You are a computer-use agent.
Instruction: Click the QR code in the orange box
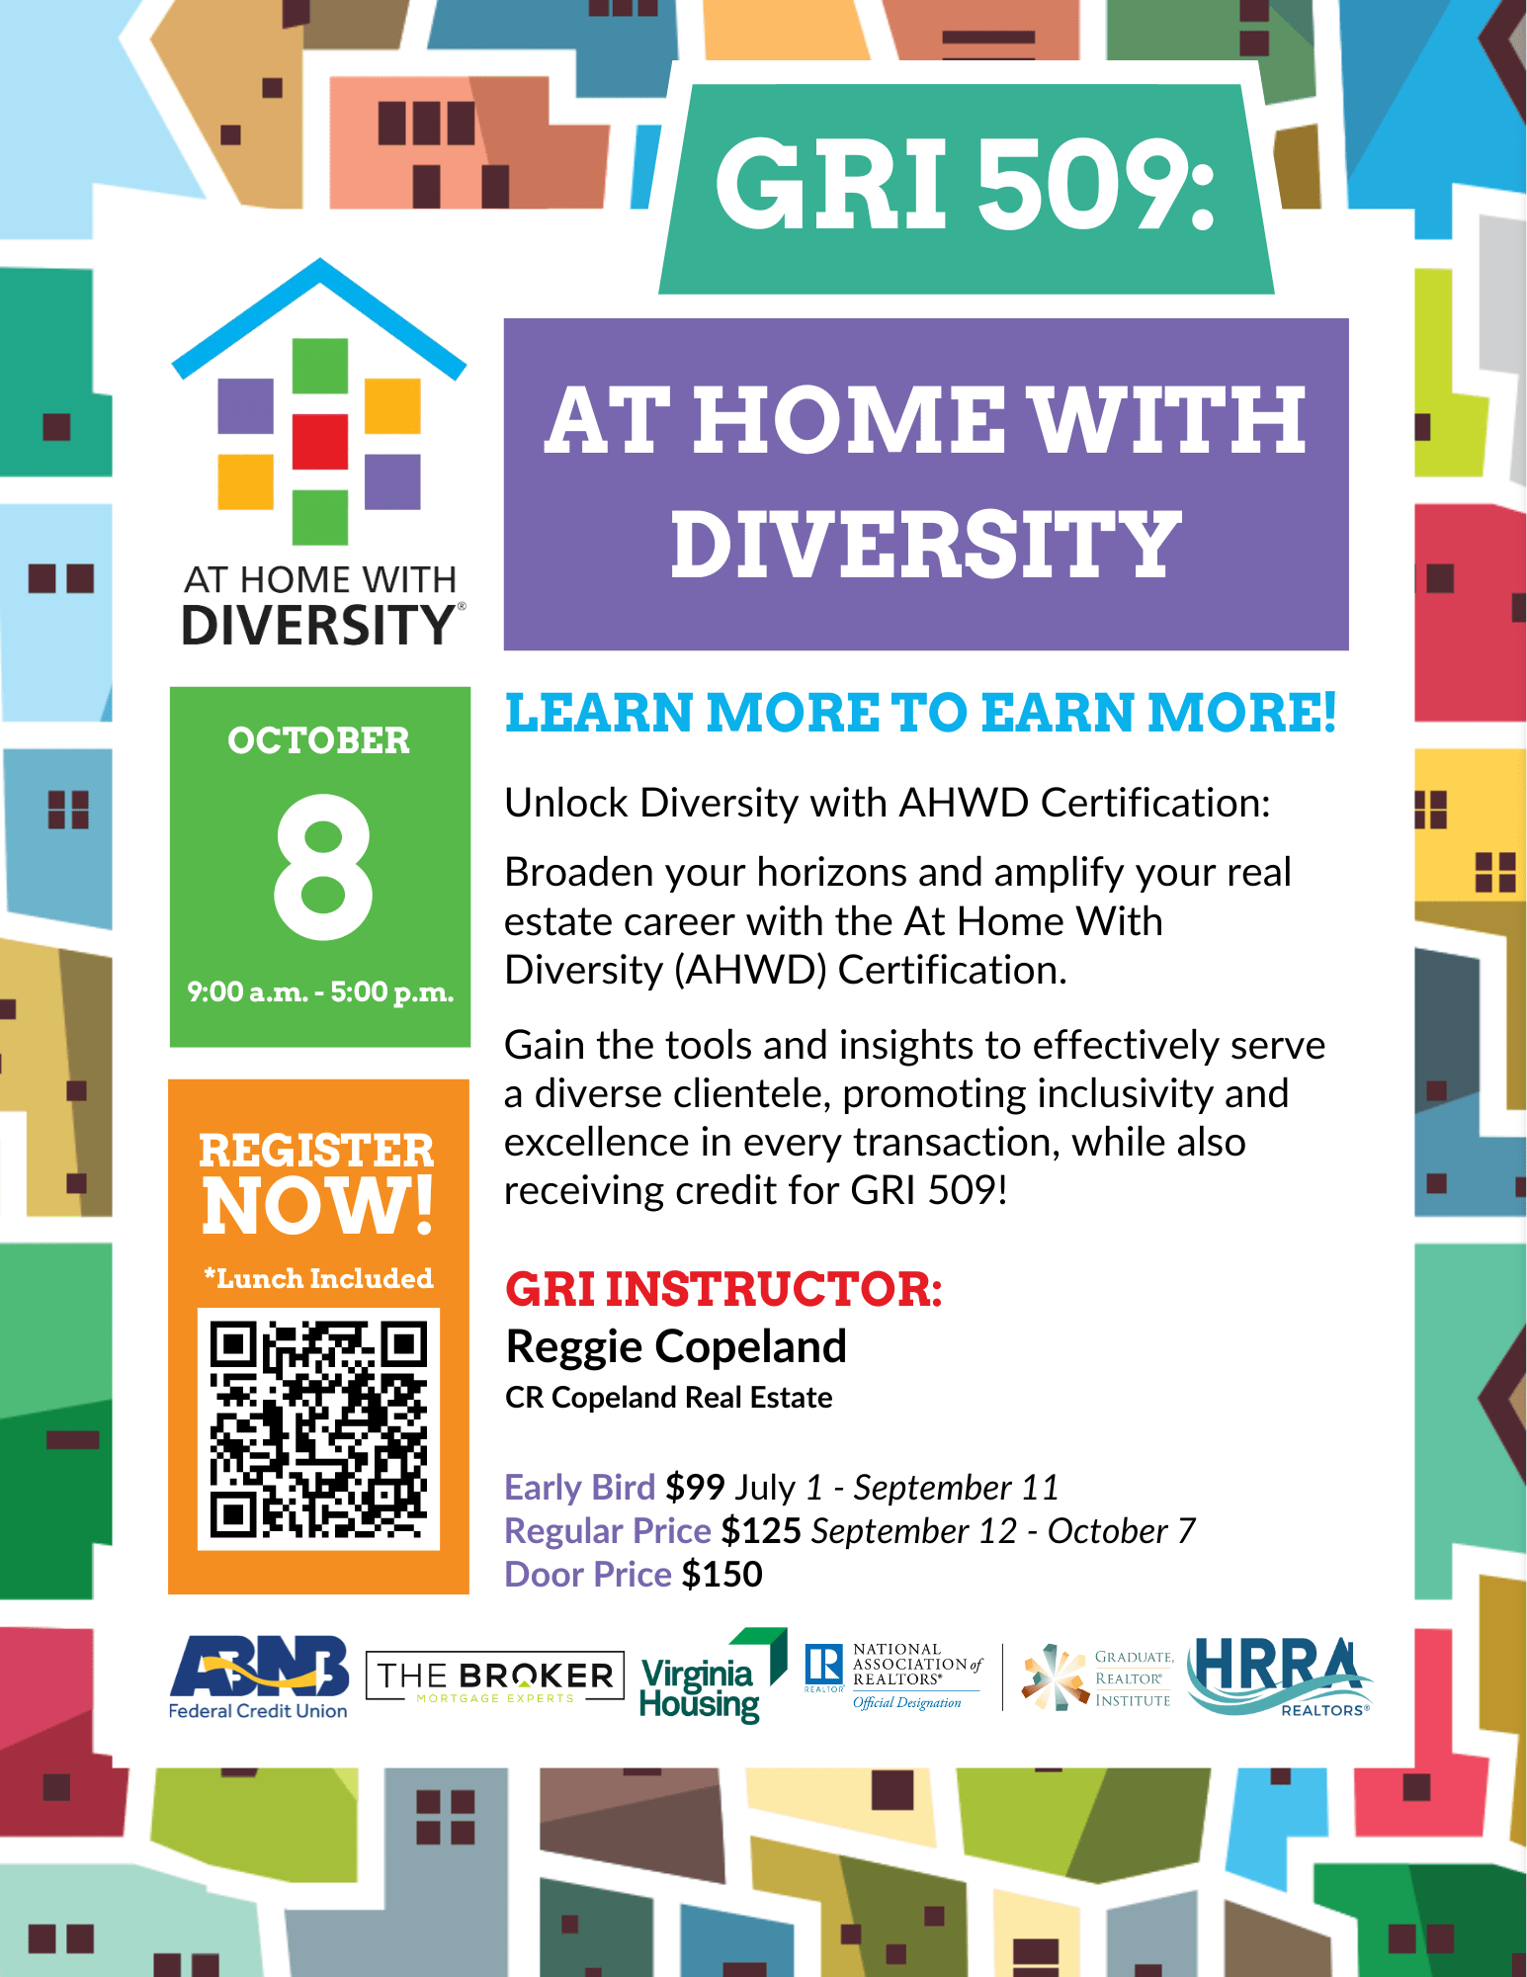tap(318, 1428)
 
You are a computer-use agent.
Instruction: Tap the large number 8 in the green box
tap(323, 867)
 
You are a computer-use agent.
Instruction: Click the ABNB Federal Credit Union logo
tap(259, 1677)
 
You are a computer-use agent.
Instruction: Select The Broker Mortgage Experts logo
tap(495, 1676)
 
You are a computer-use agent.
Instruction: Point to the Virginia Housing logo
tap(713, 1676)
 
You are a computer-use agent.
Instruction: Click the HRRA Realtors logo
tap(1279, 1676)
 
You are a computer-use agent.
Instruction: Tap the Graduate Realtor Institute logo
tap(1097, 1677)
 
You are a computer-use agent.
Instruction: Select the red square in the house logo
tap(320, 441)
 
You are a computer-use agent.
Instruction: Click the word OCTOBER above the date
tap(318, 740)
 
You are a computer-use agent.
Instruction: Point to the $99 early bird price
tap(695, 1487)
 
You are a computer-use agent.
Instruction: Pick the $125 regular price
tap(761, 1530)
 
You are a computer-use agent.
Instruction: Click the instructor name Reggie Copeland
tap(676, 1346)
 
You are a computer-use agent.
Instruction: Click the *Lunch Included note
tap(318, 1278)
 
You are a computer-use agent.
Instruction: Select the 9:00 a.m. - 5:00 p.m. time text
tap(320, 991)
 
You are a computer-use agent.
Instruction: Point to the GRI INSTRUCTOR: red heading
tap(723, 1289)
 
